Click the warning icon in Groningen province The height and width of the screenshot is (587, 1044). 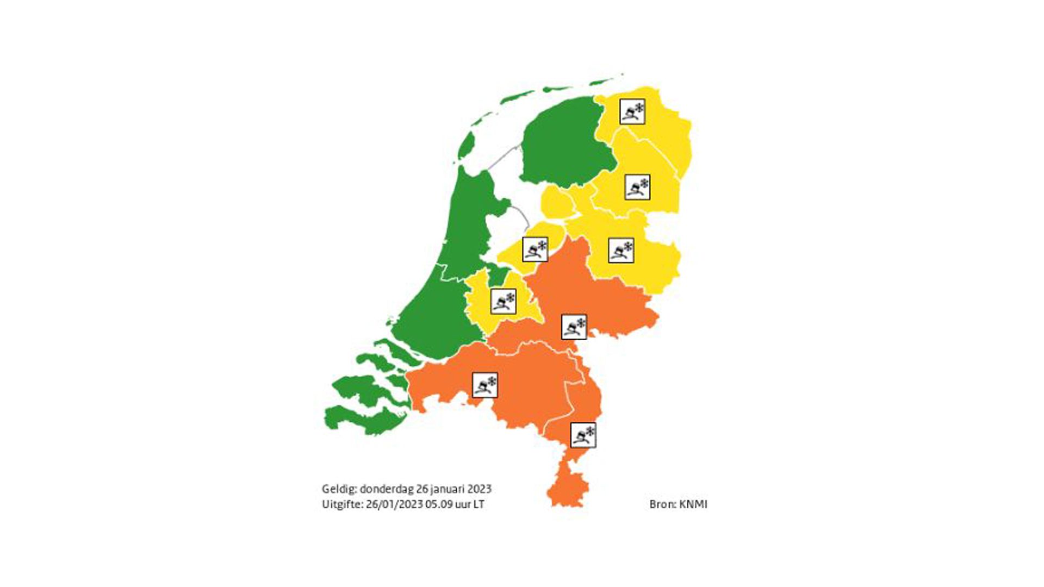tap(632, 111)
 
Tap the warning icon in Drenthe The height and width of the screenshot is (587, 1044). tap(637, 187)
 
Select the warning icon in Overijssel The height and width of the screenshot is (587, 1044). tap(621, 250)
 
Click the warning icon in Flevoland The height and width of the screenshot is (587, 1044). tap(535, 249)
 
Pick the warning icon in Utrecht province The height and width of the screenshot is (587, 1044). tap(504, 301)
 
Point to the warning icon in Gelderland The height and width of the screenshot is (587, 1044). tap(574, 327)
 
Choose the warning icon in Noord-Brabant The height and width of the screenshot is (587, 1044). tap(485, 385)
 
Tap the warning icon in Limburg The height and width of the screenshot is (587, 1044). tap(583, 435)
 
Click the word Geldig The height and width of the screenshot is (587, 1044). tap(339, 489)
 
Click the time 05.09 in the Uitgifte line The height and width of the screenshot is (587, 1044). tap(439, 504)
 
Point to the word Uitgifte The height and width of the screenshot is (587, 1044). tap(342, 504)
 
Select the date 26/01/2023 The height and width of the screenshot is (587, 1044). tap(394, 504)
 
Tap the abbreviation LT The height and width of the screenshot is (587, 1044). tap(478, 504)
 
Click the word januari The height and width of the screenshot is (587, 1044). tap(446, 489)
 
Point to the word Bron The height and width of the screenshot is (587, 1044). tap(662, 504)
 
